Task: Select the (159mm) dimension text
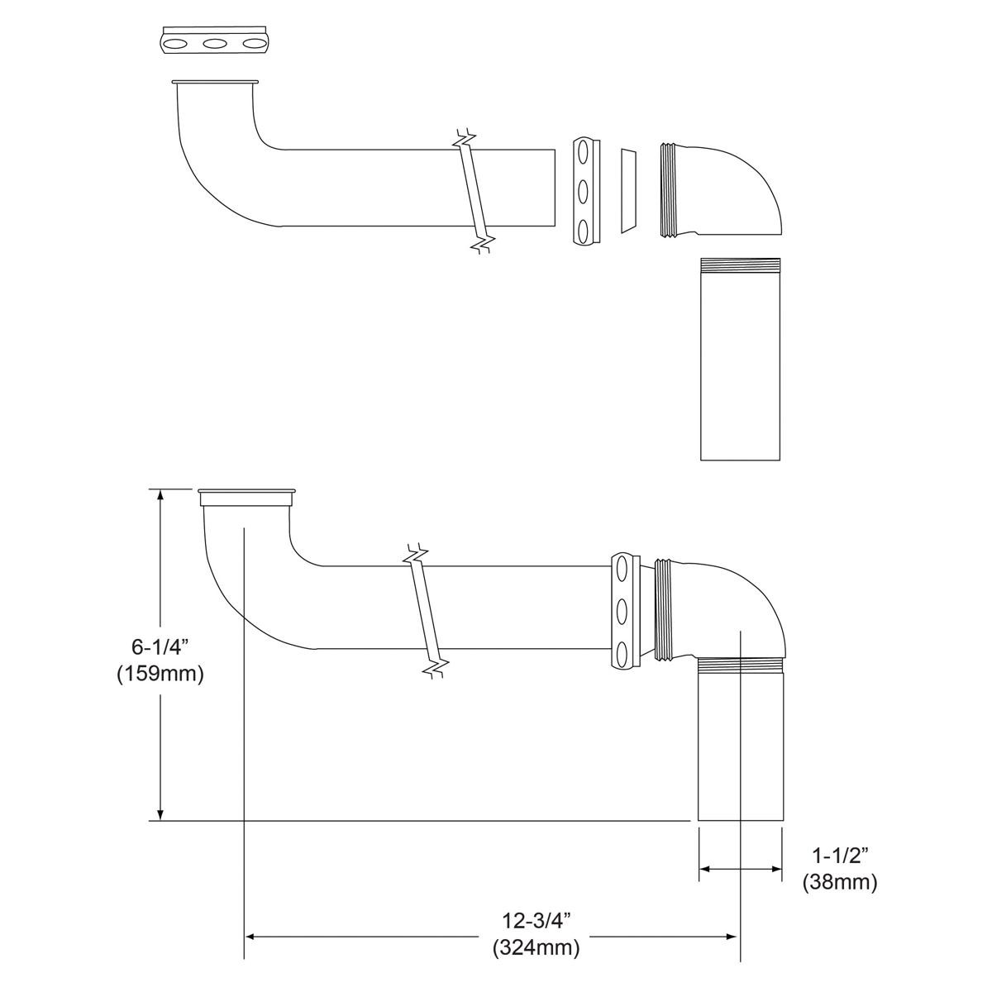(x=160, y=674)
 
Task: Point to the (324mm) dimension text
(x=536, y=947)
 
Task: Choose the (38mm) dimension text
(x=839, y=882)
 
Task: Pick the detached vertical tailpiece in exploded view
(x=740, y=359)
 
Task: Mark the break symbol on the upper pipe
(x=475, y=190)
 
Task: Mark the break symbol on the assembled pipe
(x=426, y=612)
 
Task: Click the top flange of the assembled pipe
(x=247, y=498)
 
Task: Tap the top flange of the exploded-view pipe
(x=215, y=83)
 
